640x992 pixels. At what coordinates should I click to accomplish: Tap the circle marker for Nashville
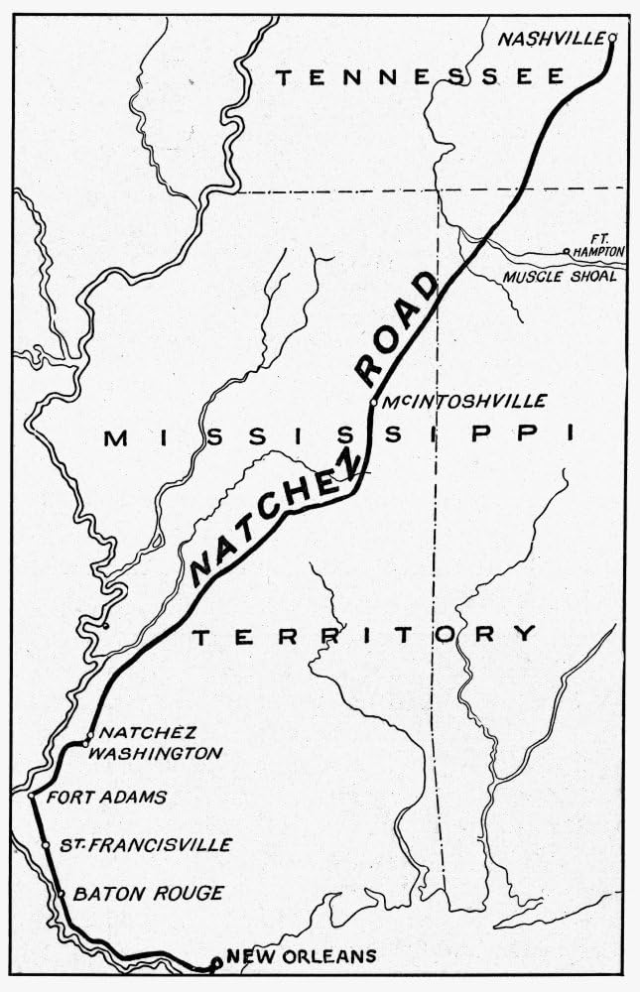pos(612,38)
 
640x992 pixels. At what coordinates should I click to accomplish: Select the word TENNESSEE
pos(419,77)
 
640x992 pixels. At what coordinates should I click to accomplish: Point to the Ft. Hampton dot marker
pos(566,252)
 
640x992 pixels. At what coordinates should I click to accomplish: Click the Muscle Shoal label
pos(560,276)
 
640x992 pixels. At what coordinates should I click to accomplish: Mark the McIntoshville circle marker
pos(373,402)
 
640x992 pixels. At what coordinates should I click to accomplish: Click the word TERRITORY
pos(364,635)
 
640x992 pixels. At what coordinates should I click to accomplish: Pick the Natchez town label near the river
pos(138,735)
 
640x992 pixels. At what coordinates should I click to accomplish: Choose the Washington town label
pos(162,753)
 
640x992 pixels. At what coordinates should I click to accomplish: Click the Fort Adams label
pos(107,797)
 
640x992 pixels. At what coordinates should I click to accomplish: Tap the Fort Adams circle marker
pos(33,796)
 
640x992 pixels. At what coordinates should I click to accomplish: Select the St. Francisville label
pos(145,845)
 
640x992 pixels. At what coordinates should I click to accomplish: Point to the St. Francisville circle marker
pos(46,845)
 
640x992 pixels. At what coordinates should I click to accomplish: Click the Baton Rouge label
pos(149,894)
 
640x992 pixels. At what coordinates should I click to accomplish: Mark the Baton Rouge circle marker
pos(62,894)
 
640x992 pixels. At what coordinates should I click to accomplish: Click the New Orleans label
pos(302,956)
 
